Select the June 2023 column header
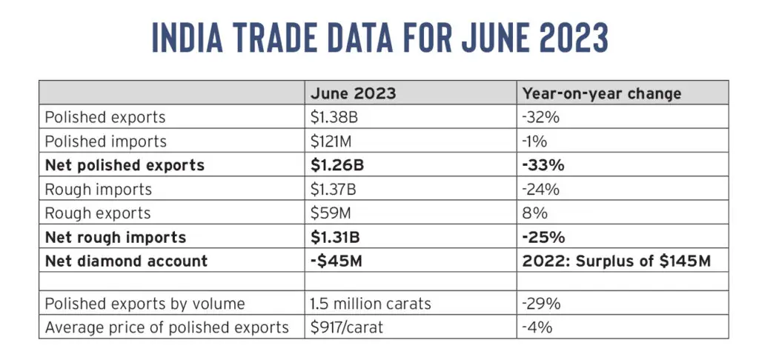[x=354, y=93]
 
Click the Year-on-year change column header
[x=602, y=93]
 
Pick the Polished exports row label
[x=105, y=117]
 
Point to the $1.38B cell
[x=334, y=117]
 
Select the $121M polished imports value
[x=331, y=141]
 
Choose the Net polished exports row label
[x=125, y=165]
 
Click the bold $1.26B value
[x=337, y=165]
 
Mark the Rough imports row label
[x=99, y=189]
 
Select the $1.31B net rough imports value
[x=335, y=238]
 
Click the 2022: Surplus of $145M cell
[x=617, y=261]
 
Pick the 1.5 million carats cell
[x=371, y=304]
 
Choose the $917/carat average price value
[x=347, y=327]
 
